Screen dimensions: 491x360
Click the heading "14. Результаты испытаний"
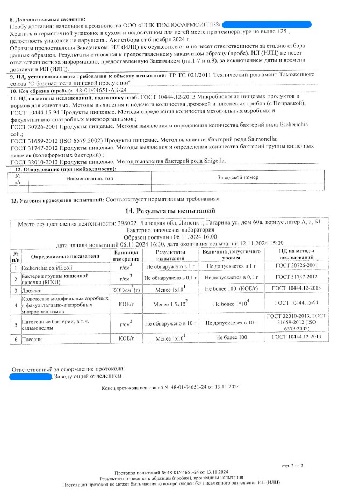[170, 211]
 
